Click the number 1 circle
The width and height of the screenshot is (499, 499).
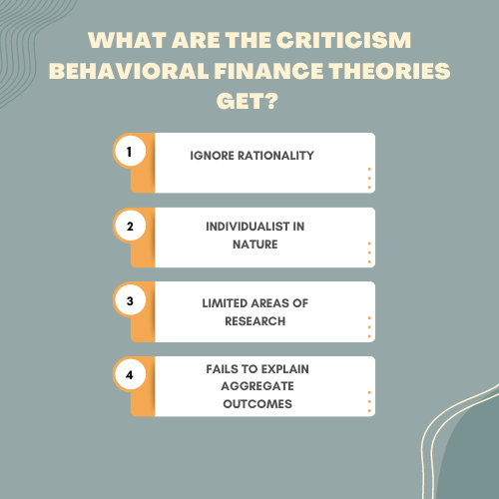tap(130, 152)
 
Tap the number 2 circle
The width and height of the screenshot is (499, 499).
tap(130, 226)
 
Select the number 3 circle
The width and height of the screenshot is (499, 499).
tap(130, 300)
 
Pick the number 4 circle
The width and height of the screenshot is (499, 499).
tap(130, 375)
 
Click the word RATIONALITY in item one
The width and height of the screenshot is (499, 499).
tap(275, 156)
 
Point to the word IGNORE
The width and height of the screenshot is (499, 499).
tap(212, 156)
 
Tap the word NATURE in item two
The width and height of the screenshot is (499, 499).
tap(255, 245)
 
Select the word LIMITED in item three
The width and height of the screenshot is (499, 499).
tap(225, 303)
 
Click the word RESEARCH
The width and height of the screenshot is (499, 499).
tap(255, 321)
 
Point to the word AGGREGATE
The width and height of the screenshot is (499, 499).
tap(257, 386)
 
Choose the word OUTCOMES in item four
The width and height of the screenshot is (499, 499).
tap(257, 404)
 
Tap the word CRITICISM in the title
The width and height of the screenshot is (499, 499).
tap(343, 40)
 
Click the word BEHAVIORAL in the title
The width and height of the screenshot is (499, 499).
tap(129, 71)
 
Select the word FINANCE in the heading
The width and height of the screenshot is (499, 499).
tap(268, 71)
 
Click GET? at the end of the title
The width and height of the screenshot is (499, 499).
tap(247, 101)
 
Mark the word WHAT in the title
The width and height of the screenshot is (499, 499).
tap(127, 40)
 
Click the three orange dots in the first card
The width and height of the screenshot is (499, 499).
tap(369, 179)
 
